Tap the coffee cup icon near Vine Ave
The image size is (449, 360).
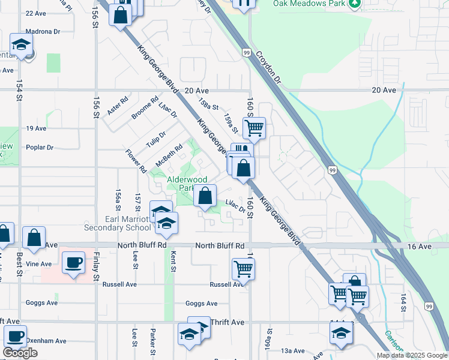73,263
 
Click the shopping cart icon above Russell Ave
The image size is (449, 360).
243,269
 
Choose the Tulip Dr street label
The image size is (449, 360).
155,142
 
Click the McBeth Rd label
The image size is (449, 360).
169,155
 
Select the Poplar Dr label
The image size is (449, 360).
40,147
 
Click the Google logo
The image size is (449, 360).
20,353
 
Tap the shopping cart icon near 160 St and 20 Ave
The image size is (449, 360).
255,128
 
